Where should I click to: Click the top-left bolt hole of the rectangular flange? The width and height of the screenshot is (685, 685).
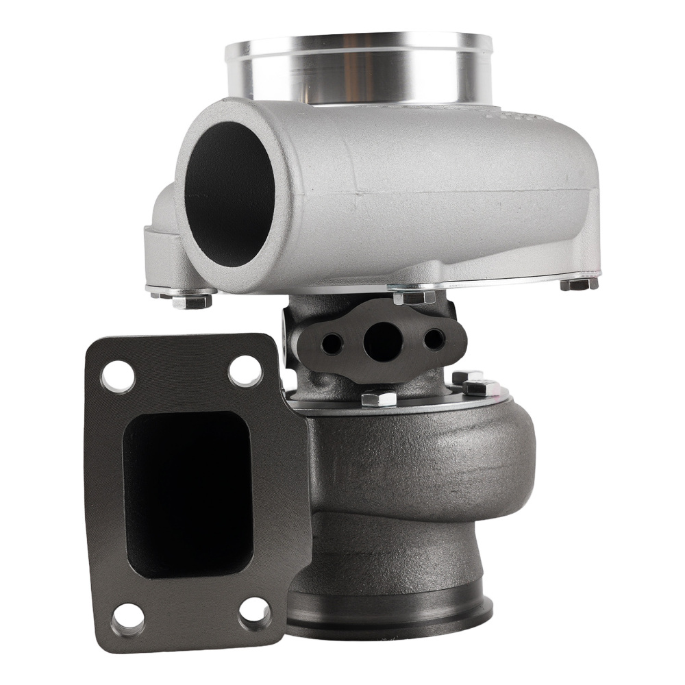pos(119,376)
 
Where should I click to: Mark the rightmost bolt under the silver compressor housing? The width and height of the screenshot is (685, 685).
pos(579,283)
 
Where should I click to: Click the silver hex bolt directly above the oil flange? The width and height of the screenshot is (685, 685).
pos(414,297)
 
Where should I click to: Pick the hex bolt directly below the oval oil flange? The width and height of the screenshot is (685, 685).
pos(379,397)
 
